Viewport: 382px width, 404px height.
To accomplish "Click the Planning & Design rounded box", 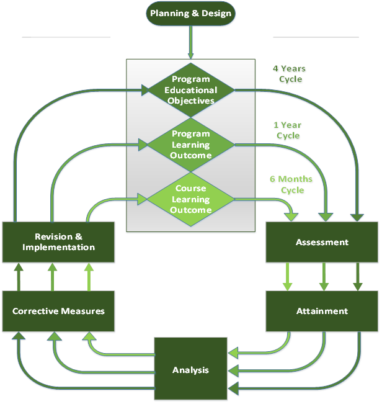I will click(x=190, y=14).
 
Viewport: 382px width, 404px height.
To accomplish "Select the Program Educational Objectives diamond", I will click(x=190, y=89).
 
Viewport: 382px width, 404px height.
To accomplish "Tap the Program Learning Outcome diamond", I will click(x=190, y=145).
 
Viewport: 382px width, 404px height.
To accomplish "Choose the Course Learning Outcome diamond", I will click(x=190, y=199).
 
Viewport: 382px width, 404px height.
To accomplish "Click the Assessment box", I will click(x=322, y=242).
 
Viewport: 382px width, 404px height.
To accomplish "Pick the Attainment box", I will click(x=322, y=311).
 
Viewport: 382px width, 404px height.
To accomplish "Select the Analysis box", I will click(x=190, y=370).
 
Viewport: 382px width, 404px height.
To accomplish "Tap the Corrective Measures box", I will click(x=58, y=311).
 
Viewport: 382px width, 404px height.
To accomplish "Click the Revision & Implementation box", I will click(x=58, y=242).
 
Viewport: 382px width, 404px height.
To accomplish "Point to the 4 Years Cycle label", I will click(x=290, y=74).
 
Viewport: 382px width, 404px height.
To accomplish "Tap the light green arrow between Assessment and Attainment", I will click(x=287, y=276).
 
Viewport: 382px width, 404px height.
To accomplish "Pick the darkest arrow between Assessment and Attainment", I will click(x=358, y=276).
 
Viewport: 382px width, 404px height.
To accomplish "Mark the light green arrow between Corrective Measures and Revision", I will click(x=89, y=276).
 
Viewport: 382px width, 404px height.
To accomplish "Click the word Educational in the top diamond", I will click(x=190, y=89).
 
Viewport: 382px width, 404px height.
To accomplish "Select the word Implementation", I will click(x=58, y=247).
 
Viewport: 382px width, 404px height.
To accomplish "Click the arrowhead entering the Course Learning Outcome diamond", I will click(x=141, y=199).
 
